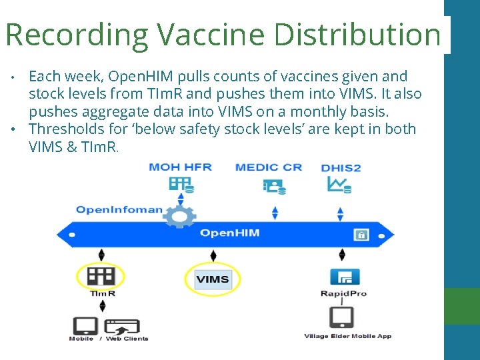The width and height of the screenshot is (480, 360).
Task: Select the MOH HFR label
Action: coord(181,167)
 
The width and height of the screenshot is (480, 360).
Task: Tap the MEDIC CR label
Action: coord(269,167)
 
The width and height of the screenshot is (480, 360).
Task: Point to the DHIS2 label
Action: coord(341,167)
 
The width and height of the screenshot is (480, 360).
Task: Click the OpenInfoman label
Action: coord(119,209)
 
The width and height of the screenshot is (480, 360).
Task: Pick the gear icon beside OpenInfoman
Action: coord(180,215)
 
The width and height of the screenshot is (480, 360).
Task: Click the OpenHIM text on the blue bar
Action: coord(230,233)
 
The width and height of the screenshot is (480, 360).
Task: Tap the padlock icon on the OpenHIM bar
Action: coord(361,235)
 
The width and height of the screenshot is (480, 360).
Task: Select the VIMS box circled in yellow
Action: coord(213,279)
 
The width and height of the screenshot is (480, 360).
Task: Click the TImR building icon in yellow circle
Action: coord(101,276)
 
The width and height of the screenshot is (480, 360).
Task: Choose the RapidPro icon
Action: coord(344,276)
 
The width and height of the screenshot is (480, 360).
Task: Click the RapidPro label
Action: coord(344,293)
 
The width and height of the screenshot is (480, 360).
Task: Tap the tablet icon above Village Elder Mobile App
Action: coord(342,317)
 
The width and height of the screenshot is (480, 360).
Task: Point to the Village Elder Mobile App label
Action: coord(347,336)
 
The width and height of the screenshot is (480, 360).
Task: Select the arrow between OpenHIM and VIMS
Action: coord(213,256)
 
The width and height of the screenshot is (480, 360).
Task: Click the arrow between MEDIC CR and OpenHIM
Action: coord(275,213)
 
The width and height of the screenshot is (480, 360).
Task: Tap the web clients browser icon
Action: coord(123,327)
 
